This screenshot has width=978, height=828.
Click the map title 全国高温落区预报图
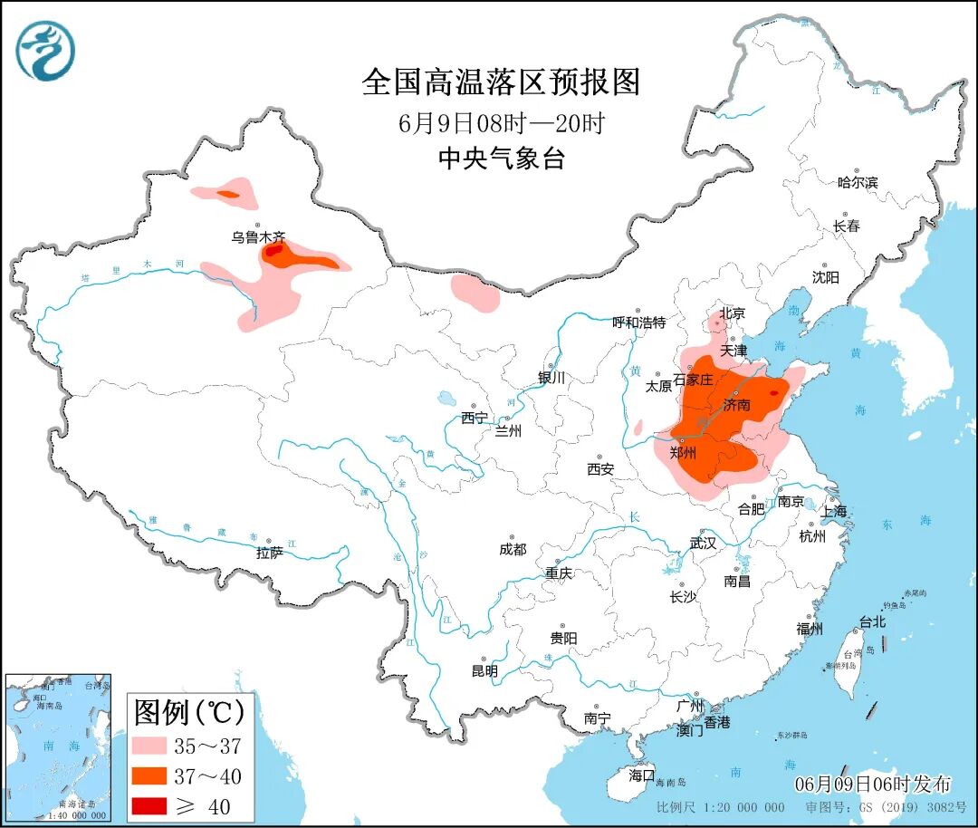501,82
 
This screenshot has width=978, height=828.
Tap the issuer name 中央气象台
501,159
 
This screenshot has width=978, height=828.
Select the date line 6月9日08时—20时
501,122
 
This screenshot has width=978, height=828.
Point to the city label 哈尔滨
857,182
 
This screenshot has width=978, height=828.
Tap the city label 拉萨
269,552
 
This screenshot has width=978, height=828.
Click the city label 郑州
682,453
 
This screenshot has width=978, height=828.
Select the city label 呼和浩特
638,323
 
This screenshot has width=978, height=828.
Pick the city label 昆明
484,671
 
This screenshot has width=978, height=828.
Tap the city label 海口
641,775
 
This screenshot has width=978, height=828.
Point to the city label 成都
512,549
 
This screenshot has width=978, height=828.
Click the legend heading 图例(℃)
189,713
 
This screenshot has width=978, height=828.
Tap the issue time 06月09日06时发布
873,784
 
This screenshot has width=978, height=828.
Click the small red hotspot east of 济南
774,392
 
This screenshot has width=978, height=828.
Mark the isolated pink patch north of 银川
475,292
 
